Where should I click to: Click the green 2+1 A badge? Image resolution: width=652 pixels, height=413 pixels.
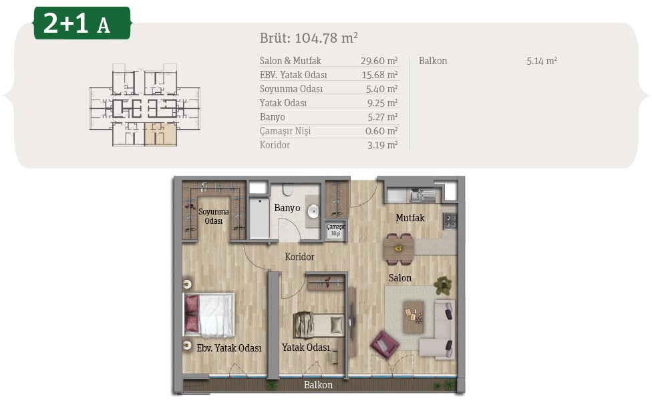point(82,23)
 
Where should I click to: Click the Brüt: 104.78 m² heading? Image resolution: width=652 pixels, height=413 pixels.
point(309,38)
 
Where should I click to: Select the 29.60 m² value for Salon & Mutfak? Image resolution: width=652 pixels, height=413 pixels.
point(379,61)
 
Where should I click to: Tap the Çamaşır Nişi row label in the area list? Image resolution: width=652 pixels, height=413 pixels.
point(285,131)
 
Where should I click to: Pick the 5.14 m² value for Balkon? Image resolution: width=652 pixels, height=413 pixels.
point(541,61)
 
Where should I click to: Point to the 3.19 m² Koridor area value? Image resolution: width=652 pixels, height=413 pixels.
point(382,145)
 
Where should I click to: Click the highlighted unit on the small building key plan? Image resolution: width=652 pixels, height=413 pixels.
point(160,134)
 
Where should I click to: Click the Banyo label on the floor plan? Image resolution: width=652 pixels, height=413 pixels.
point(287,208)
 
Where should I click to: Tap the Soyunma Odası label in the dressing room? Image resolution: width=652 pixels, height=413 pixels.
point(213,217)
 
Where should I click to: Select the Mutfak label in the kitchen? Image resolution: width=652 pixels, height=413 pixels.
point(410,217)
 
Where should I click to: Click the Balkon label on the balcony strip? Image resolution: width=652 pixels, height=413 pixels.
point(318,385)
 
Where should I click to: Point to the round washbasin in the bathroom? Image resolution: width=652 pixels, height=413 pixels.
point(313,211)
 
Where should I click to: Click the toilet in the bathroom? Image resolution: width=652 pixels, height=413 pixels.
point(288,190)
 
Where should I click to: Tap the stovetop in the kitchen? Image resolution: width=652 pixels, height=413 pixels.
point(450,221)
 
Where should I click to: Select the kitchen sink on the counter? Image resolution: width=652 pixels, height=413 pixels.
point(422,194)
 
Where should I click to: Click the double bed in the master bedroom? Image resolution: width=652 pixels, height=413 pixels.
point(209,315)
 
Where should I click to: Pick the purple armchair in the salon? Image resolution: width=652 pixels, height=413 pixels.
point(384,344)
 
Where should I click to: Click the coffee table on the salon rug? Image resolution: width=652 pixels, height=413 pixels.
point(414,317)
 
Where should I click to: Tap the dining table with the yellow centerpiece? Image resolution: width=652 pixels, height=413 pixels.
point(399,249)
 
